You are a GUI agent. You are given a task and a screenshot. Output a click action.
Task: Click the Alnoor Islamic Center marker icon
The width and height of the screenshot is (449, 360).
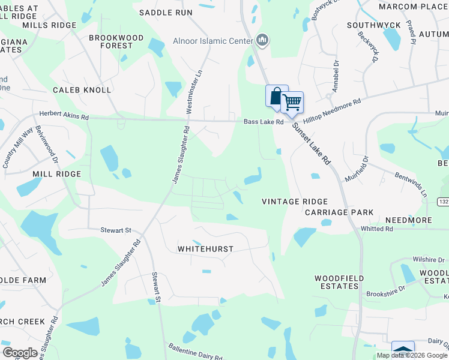(262, 40)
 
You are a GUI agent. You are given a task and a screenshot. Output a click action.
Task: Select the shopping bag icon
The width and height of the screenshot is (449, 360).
(276, 95)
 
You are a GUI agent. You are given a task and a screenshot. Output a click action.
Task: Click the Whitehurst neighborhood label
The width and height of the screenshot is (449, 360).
(205, 248)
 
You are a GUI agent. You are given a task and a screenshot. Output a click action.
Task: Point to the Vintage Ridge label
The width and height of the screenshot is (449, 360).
(295, 202)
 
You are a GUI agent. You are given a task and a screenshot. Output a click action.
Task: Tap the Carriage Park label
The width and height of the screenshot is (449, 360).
(339, 212)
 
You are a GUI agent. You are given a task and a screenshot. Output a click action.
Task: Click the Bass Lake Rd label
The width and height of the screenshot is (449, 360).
(263, 122)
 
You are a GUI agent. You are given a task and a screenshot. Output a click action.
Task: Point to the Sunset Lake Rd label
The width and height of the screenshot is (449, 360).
(312, 144)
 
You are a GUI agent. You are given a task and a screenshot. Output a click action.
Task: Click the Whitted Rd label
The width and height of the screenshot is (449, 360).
(376, 229)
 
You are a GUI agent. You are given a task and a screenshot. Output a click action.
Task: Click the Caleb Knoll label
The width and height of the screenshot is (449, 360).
(82, 90)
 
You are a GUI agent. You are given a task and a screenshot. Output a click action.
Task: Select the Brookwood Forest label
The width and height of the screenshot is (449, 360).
(116, 41)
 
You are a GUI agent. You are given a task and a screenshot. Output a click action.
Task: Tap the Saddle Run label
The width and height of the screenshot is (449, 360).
(166, 12)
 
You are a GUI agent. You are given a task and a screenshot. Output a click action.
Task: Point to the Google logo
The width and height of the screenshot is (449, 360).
(20, 353)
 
